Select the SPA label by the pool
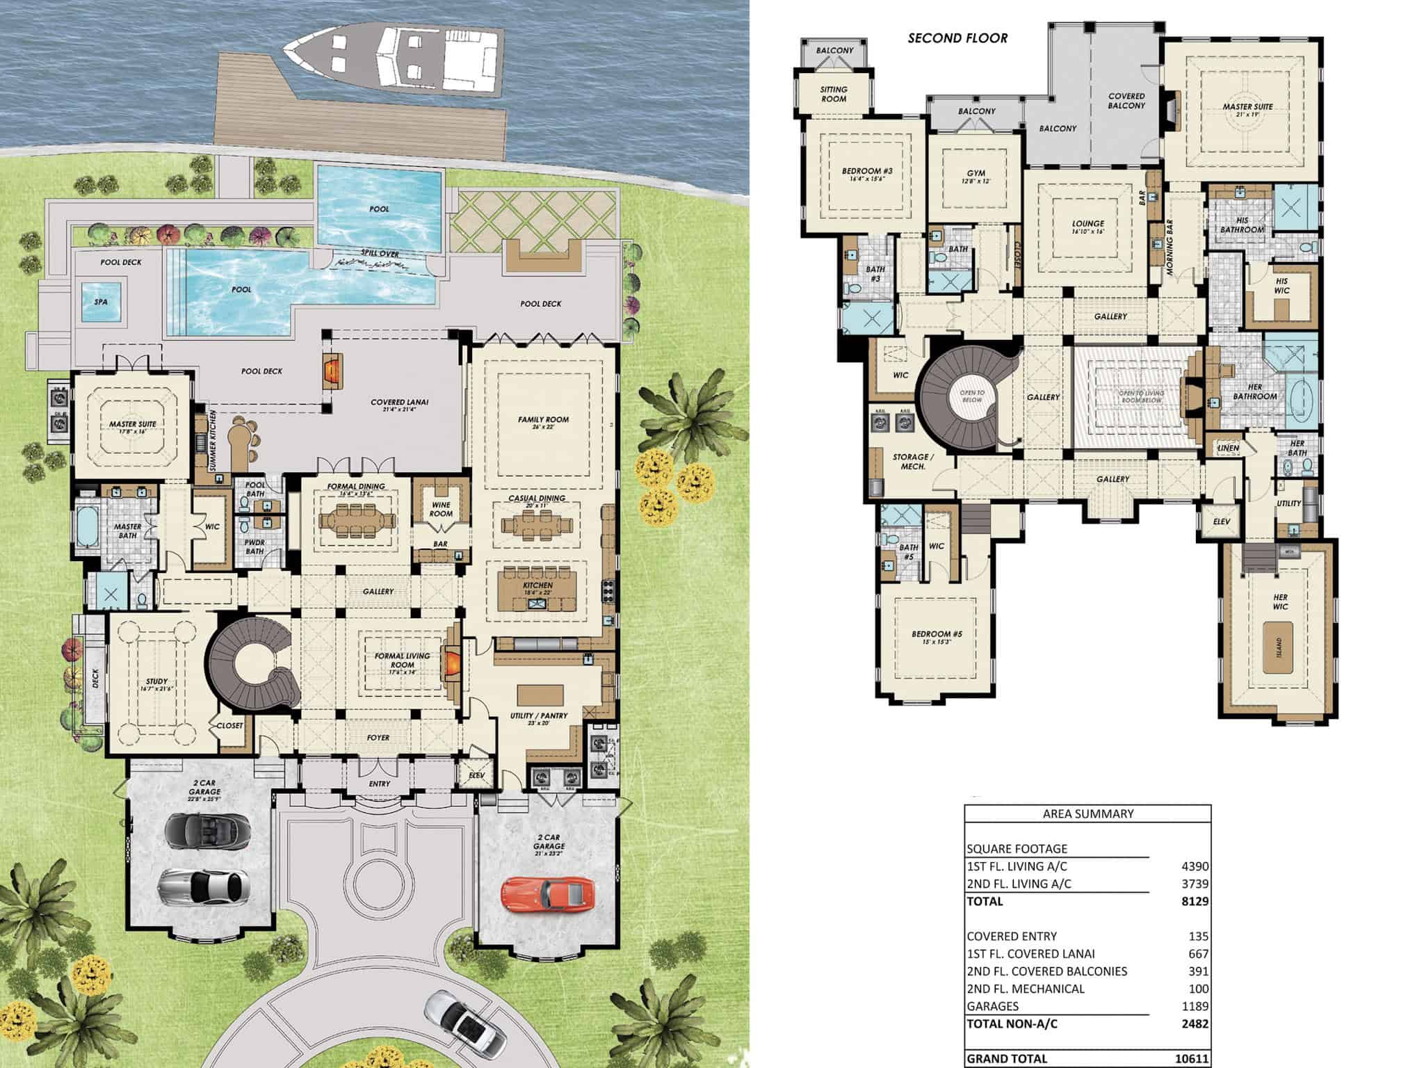[x=101, y=302]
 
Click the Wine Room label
[x=441, y=509]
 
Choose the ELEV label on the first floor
[x=476, y=775]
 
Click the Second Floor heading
[x=957, y=39]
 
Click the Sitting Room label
[x=834, y=94]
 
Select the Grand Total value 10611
[x=1192, y=1058]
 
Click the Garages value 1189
[x=1195, y=1006]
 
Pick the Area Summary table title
[x=1087, y=814]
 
